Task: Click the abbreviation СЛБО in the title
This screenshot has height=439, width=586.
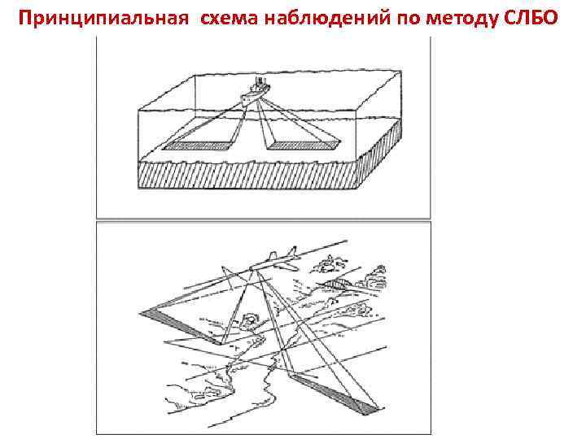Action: pos(533,17)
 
